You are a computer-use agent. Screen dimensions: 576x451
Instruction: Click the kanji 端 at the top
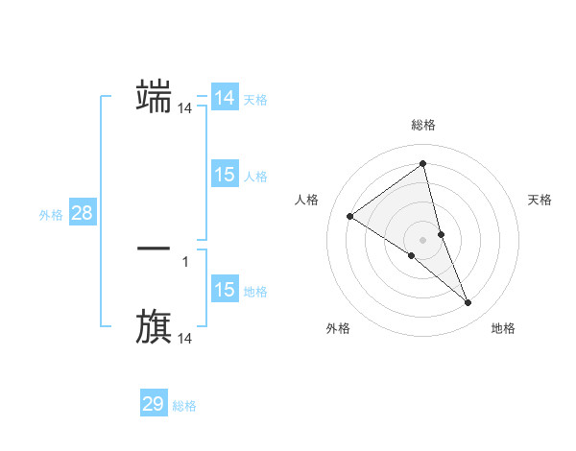click(154, 97)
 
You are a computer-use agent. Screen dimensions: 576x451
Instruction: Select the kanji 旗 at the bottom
click(154, 326)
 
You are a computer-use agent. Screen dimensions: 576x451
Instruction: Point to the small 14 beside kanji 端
click(185, 109)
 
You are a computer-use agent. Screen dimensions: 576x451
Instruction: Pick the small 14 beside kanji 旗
click(185, 339)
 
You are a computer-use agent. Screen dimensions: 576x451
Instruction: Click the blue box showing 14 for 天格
click(225, 98)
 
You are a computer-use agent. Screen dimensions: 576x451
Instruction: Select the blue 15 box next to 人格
click(225, 175)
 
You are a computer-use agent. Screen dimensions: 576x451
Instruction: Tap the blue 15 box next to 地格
click(225, 290)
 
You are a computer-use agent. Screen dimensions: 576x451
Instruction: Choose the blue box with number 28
click(82, 213)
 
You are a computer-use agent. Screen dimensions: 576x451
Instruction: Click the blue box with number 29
click(154, 404)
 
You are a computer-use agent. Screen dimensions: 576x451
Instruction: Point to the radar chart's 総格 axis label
click(423, 125)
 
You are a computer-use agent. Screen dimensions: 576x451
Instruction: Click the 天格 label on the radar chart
click(540, 200)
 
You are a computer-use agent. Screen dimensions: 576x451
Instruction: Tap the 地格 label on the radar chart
click(503, 328)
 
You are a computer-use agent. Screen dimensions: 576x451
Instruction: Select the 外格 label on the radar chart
click(338, 328)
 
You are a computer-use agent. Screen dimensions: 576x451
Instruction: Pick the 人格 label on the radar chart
click(306, 200)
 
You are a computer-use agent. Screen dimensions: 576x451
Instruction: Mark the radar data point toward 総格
click(422, 163)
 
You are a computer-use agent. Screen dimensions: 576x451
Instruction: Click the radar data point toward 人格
click(349, 216)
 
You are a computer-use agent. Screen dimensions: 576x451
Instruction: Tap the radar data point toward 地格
click(468, 302)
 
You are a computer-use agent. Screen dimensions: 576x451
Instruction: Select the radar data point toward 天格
click(441, 234)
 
